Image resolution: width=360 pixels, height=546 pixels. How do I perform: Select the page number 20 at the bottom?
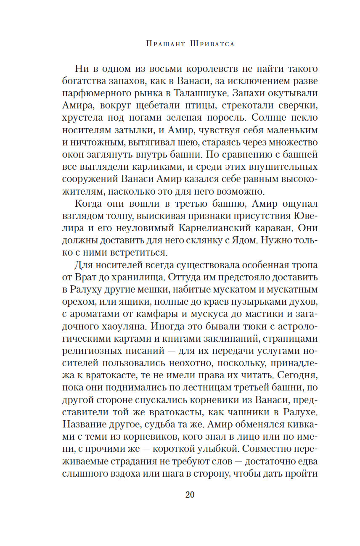[x=190, y=494]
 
